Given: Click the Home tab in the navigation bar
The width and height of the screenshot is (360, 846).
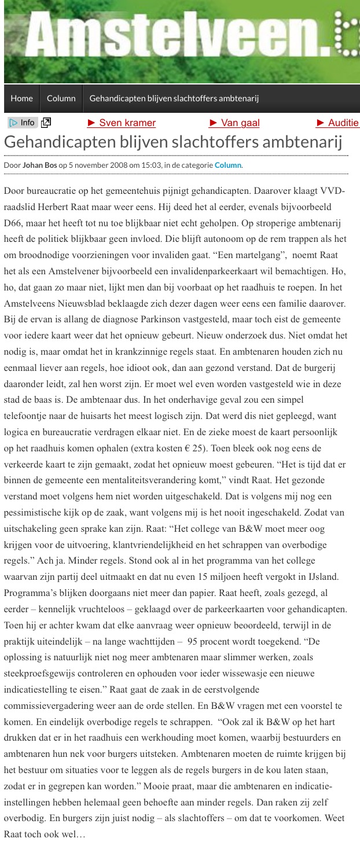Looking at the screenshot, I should (21, 98).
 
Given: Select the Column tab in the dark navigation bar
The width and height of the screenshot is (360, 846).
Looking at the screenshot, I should (61, 98).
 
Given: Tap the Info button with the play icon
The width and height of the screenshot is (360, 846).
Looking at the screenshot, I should (23, 123).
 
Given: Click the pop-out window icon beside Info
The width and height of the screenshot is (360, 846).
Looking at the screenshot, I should (46, 123).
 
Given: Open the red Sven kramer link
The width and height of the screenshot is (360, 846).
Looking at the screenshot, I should (121, 123).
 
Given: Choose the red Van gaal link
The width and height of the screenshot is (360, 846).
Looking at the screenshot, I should (234, 123).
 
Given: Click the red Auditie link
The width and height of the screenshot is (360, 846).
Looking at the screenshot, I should (338, 123).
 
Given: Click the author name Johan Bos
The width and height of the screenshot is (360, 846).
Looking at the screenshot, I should (39, 165).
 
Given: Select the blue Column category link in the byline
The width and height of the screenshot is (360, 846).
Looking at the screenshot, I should (227, 165).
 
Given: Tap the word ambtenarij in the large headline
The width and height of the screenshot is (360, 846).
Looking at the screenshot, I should (300, 142).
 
